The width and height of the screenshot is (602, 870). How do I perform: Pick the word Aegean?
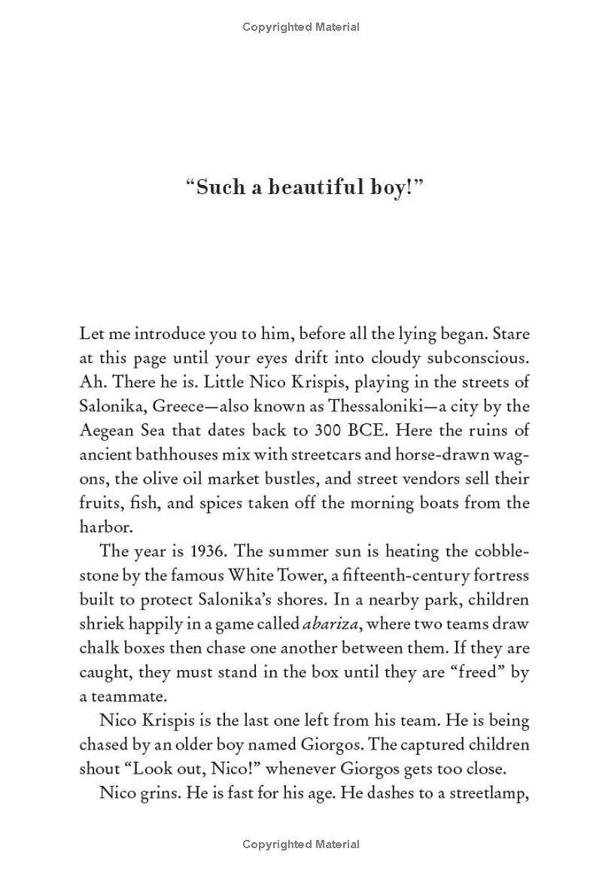click(105, 430)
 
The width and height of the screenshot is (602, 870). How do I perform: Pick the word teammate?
click(122, 696)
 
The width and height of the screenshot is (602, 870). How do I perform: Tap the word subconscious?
click(467, 358)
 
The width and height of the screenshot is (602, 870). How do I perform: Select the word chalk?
click(99, 647)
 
